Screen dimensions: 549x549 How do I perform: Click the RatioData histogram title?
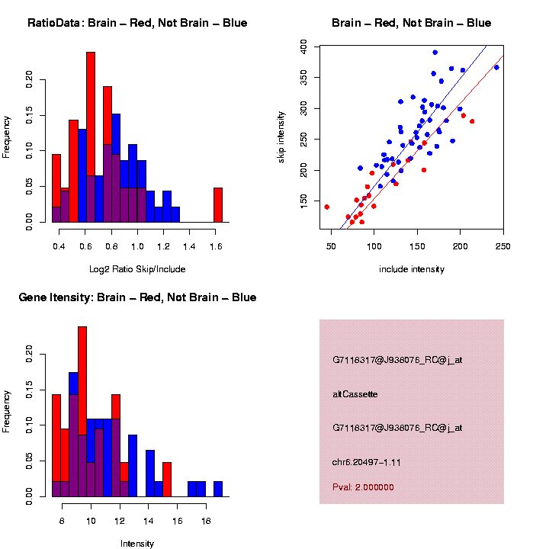(x=137, y=23)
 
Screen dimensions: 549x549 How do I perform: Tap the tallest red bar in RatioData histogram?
(x=91, y=137)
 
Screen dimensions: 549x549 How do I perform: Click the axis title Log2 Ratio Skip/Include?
(x=137, y=268)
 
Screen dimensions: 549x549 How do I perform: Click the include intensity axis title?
(x=412, y=268)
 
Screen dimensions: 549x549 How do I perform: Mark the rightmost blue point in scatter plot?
(x=496, y=67)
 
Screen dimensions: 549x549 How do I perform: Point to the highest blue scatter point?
(x=435, y=53)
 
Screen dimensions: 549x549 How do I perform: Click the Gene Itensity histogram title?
(x=137, y=297)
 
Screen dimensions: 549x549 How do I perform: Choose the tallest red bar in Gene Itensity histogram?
(x=82, y=412)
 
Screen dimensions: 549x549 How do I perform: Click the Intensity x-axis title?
(x=137, y=544)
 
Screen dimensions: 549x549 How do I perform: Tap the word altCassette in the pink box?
(x=355, y=394)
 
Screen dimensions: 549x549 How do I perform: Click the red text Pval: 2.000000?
(x=363, y=486)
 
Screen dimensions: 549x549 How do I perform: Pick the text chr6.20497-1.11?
(x=367, y=462)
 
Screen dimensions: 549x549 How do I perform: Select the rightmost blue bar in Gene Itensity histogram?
(x=218, y=489)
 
